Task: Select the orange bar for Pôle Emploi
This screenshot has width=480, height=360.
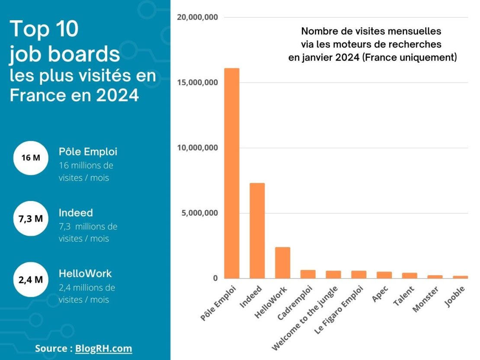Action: point(232,173)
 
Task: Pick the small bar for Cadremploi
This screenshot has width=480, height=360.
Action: point(308,274)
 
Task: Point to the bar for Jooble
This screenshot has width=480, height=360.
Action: point(460,277)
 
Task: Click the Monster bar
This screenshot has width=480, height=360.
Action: point(435,277)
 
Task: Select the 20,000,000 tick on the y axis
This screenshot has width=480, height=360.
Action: point(197,17)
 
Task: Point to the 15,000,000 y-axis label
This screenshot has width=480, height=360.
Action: point(197,83)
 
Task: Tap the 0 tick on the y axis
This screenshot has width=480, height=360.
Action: point(215,278)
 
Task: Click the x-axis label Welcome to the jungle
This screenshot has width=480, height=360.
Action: point(305,318)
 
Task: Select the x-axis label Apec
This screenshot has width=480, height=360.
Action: point(381,293)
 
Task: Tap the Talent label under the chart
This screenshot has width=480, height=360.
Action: point(404,296)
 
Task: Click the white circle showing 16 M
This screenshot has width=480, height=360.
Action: point(30,158)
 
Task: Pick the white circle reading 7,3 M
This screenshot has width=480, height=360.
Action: point(30,219)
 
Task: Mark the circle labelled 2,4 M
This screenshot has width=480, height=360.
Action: point(30,279)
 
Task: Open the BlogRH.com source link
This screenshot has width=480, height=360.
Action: point(103,348)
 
